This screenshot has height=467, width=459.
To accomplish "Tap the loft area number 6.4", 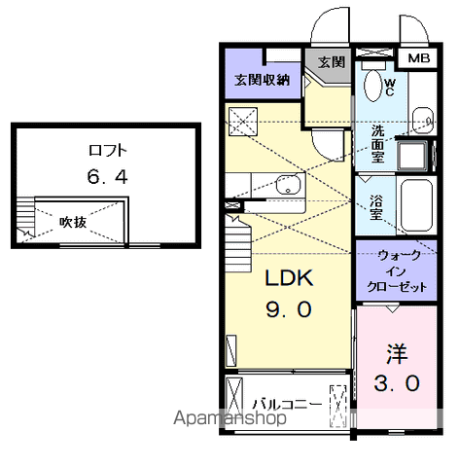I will click(x=108, y=179).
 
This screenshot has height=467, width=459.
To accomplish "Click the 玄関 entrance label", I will click(x=332, y=61).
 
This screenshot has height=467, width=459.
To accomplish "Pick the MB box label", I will click(x=418, y=59).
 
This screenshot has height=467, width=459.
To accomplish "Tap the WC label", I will click(x=388, y=88).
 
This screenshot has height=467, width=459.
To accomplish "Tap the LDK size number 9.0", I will click(x=289, y=310).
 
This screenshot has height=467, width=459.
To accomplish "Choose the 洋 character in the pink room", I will click(x=396, y=351).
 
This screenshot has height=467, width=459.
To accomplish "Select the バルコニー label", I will click(x=286, y=402).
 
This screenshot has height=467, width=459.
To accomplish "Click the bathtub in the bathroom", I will click(x=415, y=208).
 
